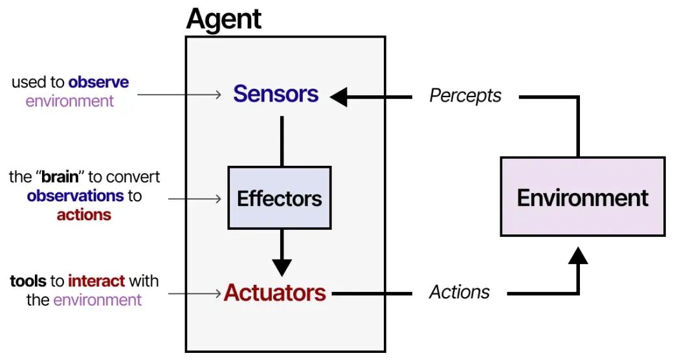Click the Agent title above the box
coord(223,19)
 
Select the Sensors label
coord(276,95)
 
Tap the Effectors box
coord(280,198)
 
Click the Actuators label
coord(275,293)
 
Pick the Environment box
coord(582,197)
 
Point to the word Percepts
coord(465,96)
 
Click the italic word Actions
coord(460,293)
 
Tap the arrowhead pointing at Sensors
coord(339,97)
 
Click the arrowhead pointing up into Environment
coord(578,256)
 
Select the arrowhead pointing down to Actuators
coord(282,266)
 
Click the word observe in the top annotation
coord(98,83)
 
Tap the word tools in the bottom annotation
coord(28,281)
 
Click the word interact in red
coord(96,281)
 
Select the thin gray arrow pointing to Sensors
coord(179,95)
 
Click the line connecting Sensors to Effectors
coord(282,141)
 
